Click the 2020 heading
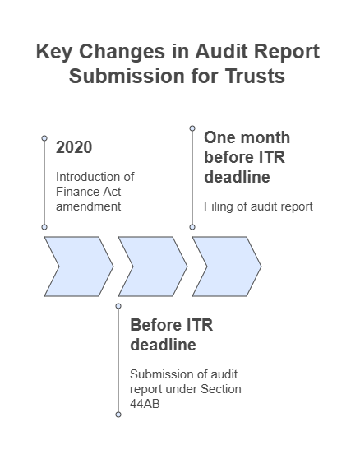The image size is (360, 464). point(74,147)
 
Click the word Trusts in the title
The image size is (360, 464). point(255,76)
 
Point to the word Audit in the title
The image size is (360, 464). point(221,51)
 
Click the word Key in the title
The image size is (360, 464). point(54,52)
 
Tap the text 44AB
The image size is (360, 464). point(145,404)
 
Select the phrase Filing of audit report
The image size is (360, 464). point(258,206)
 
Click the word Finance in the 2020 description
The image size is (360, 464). point(75,192)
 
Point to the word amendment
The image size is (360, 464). point(89,206)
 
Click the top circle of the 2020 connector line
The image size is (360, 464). point(44,138)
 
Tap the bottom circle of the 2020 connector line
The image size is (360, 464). point(44,227)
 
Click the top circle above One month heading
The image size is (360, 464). point(192,128)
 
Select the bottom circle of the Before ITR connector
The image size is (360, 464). point(118,415)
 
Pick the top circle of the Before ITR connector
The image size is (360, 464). point(118,306)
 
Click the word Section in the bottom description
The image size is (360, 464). point(221,389)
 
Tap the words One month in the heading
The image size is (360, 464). point(247,137)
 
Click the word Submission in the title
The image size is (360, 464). point(127,76)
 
